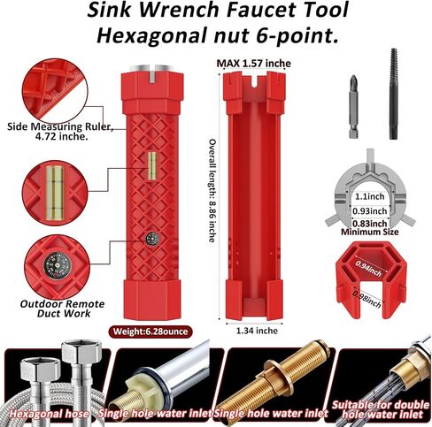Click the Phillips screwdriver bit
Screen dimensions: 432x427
[x=353, y=107]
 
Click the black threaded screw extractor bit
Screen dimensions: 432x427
[x=394, y=94]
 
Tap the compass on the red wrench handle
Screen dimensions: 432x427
[x=152, y=239]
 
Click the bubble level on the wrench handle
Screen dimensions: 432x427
[x=152, y=166]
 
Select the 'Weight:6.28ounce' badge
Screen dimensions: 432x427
[x=150, y=332]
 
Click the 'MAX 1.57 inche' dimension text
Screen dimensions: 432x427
[x=253, y=64]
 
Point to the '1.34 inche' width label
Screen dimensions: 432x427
[x=257, y=331]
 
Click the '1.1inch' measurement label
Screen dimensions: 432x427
[x=369, y=196]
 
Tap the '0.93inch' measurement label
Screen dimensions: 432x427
[x=369, y=211]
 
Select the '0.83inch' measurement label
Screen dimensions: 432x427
[x=369, y=224]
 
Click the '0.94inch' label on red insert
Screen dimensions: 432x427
[x=368, y=268]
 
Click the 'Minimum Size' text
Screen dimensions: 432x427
[x=369, y=232]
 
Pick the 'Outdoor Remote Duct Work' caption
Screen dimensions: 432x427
[x=62, y=309]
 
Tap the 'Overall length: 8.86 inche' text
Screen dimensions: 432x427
[x=212, y=191]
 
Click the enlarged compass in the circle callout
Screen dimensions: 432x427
[x=58, y=265]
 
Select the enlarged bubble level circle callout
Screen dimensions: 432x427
[x=55, y=193]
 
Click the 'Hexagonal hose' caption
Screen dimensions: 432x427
[x=49, y=414]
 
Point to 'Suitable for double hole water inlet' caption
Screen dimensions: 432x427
[x=381, y=410]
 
